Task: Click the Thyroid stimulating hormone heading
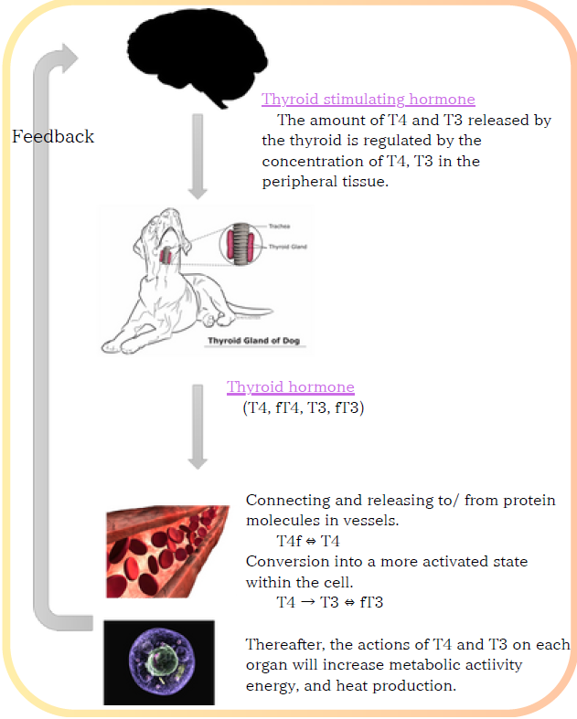pos(369,99)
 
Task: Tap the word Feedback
pos(53,136)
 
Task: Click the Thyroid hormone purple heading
pos(290,386)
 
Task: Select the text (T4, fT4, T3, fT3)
pos(304,407)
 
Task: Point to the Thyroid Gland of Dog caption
pos(254,341)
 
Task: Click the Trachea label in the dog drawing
pos(279,226)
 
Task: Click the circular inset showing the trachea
pos(241,245)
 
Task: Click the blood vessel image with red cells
pos(167,552)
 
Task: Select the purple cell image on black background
pos(159,662)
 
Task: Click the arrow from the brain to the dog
pos(198,156)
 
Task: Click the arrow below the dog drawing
pos(198,427)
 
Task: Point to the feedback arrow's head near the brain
pos(69,58)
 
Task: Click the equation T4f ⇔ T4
pos(308,541)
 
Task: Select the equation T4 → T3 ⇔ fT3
pos(329,602)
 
